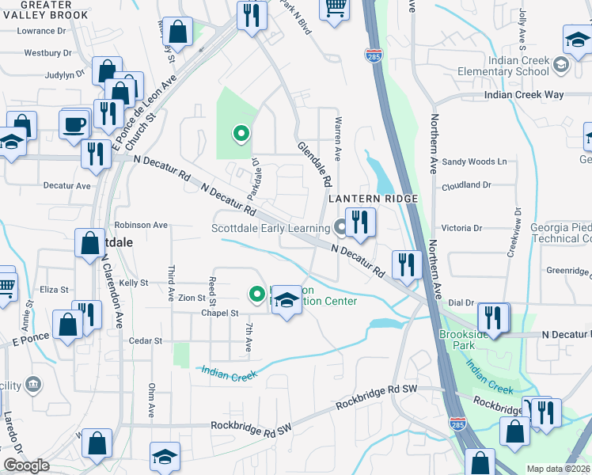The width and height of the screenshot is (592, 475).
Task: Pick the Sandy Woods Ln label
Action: [473, 161]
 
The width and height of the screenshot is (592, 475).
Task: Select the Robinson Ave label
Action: [141, 225]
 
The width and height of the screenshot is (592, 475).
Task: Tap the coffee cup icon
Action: [75, 124]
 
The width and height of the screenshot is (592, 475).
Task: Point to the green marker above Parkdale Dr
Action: [240, 134]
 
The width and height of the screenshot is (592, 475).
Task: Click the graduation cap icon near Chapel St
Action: [287, 300]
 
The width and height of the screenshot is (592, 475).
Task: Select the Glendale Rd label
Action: [314, 163]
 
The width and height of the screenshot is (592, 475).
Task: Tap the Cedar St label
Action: [146, 341]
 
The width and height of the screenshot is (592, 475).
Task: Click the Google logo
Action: [25, 465]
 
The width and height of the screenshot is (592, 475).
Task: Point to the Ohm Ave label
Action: [151, 401]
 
